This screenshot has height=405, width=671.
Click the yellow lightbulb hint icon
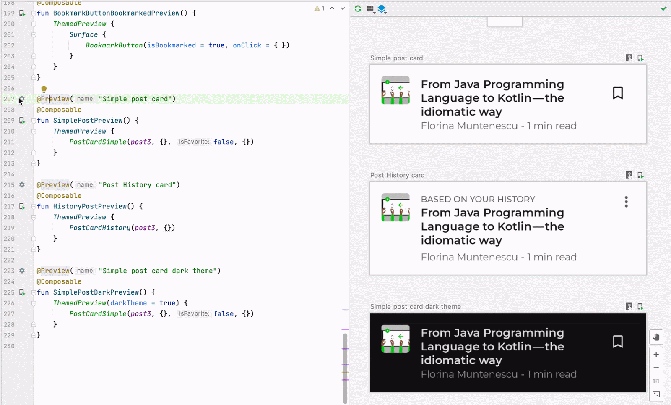point(44,89)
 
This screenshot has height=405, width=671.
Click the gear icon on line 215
point(22,185)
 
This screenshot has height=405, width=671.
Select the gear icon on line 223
point(22,271)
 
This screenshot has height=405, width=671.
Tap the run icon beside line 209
point(22,121)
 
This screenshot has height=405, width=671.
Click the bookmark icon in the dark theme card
point(618,342)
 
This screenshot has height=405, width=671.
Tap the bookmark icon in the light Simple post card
point(618,93)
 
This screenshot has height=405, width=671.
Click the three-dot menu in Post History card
point(626,202)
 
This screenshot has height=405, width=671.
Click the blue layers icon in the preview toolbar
point(382,9)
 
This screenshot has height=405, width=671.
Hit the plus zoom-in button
point(656,355)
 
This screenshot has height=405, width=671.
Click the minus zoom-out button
point(656,368)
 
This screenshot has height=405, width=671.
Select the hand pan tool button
point(656,337)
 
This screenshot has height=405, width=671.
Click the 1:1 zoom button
point(656,381)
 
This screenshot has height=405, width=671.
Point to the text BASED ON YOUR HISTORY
point(478,199)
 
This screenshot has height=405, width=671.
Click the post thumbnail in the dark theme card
point(395,339)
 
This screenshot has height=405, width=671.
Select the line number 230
point(9,346)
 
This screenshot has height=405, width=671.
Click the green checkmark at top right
point(664,8)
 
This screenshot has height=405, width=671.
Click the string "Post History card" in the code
point(139,185)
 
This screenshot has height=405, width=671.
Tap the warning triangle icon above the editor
point(317,8)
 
